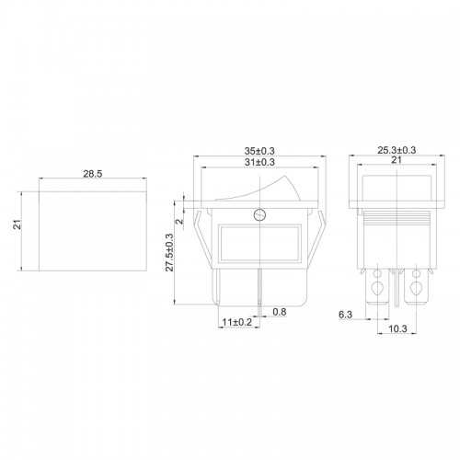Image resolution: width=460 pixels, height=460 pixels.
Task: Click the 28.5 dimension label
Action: pos(93,174)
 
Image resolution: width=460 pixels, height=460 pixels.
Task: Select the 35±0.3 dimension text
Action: pos(259,151)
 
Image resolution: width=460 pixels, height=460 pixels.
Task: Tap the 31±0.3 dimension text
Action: pos(259,162)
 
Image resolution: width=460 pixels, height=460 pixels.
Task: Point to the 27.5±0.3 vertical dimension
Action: pos(169,252)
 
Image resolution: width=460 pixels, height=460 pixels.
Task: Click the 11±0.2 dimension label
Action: pos(237,322)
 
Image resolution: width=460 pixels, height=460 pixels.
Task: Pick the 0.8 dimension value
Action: pos(280,312)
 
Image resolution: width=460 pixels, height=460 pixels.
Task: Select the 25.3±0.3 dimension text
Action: pos(397,150)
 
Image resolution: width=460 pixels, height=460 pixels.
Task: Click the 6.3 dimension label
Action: pos(345,315)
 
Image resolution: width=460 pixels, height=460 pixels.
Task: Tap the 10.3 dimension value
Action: pos(397,328)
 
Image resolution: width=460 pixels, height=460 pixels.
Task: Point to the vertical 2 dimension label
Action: pos(180,221)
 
